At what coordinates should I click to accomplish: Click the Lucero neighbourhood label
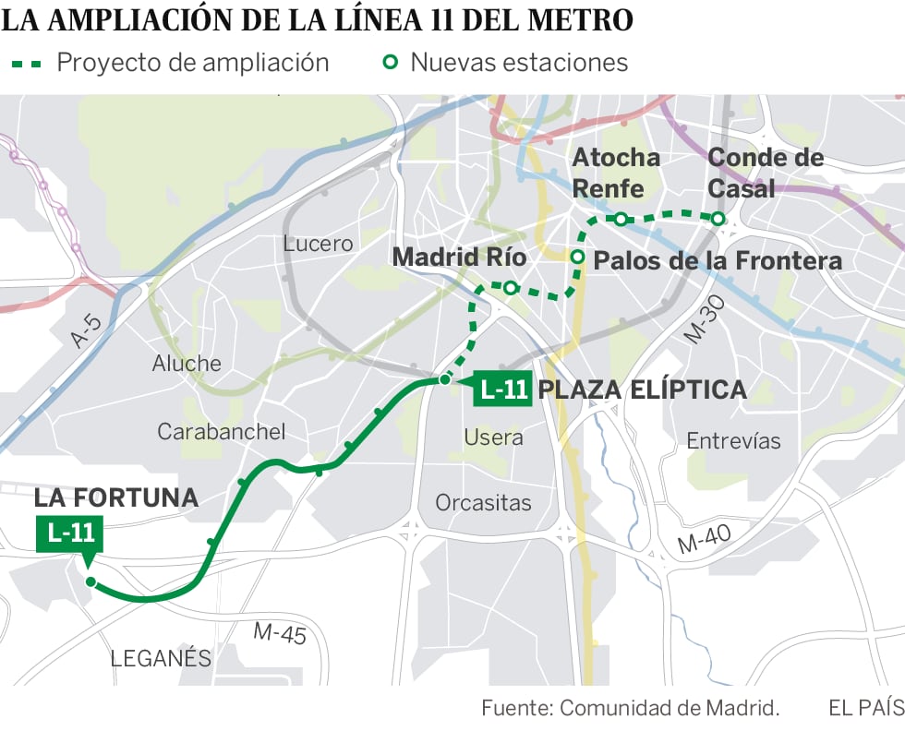pyautogui.click(x=318, y=244)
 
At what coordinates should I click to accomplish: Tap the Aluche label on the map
pyautogui.click(x=187, y=364)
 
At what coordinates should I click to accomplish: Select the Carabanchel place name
pyautogui.click(x=221, y=431)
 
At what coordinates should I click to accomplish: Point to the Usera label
pyautogui.click(x=493, y=437)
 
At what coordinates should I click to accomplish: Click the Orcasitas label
pyautogui.click(x=483, y=503)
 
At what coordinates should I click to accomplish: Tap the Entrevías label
pyautogui.click(x=733, y=441)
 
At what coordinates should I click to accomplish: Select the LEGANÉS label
pyautogui.click(x=161, y=659)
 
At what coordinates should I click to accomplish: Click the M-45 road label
pyautogui.click(x=279, y=633)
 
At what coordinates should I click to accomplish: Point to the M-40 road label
pyautogui.click(x=705, y=539)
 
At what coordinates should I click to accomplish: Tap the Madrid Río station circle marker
pyautogui.click(x=510, y=288)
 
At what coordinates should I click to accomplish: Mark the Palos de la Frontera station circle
pyautogui.click(x=578, y=257)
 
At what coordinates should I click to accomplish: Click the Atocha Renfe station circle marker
pyautogui.click(x=621, y=219)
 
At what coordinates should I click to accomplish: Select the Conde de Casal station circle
pyautogui.click(x=718, y=218)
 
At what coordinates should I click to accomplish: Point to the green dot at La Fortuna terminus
pyautogui.click(x=90, y=581)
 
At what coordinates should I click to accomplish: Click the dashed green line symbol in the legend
pyautogui.click(x=25, y=64)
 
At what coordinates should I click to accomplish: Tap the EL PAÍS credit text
pyautogui.click(x=865, y=708)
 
